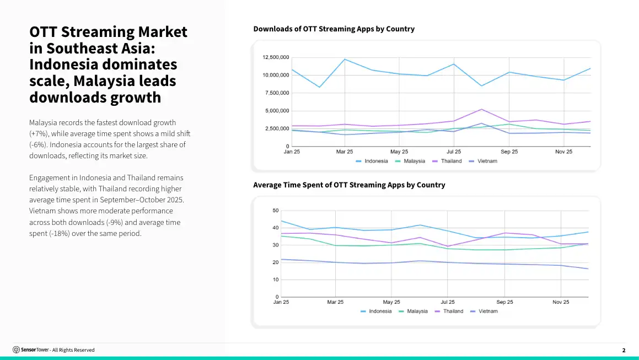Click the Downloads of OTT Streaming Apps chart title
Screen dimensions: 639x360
coord(334,29)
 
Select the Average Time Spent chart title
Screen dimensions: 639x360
coord(349,185)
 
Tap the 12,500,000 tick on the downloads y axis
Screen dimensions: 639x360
coord(276,57)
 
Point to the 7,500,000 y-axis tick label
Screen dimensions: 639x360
coord(277,93)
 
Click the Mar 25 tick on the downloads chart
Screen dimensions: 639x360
coord(345,152)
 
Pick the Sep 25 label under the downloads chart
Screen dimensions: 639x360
coord(509,152)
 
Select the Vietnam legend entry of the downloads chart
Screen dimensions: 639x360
coord(483,161)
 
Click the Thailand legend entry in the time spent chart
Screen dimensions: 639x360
coord(449,311)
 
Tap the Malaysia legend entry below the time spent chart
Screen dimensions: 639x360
coord(414,311)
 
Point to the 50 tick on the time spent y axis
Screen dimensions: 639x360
coord(276,211)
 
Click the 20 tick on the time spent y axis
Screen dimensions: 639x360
coord(276,262)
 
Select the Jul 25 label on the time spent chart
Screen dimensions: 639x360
coord(448,302)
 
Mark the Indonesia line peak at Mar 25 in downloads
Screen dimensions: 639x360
coord(345,59)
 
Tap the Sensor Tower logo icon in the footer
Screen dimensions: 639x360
coord(17,350)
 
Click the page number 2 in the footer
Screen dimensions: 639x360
coord(624,350)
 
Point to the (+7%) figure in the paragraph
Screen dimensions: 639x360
coord(39,134)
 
